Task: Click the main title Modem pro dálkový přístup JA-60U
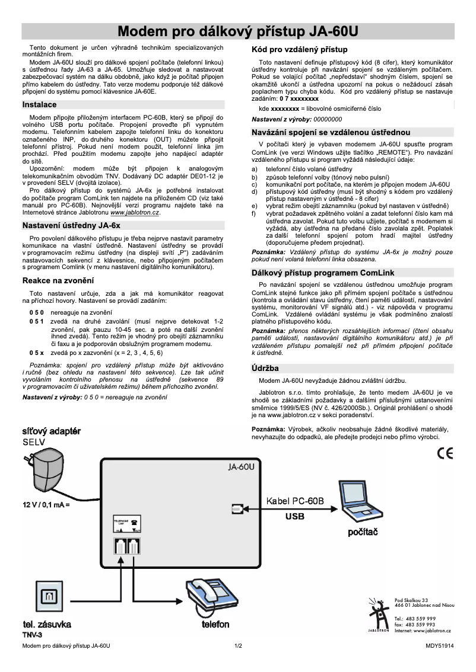pos(237,31)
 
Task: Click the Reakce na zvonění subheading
pos(58,280)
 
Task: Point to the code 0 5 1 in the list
pos(37,321)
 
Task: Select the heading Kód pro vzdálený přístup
pos(300,49)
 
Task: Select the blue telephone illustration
pos(214,599)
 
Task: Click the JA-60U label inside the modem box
pos(241,466)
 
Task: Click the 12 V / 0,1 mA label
pos(46,505)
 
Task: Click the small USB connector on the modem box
pos(237,508)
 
